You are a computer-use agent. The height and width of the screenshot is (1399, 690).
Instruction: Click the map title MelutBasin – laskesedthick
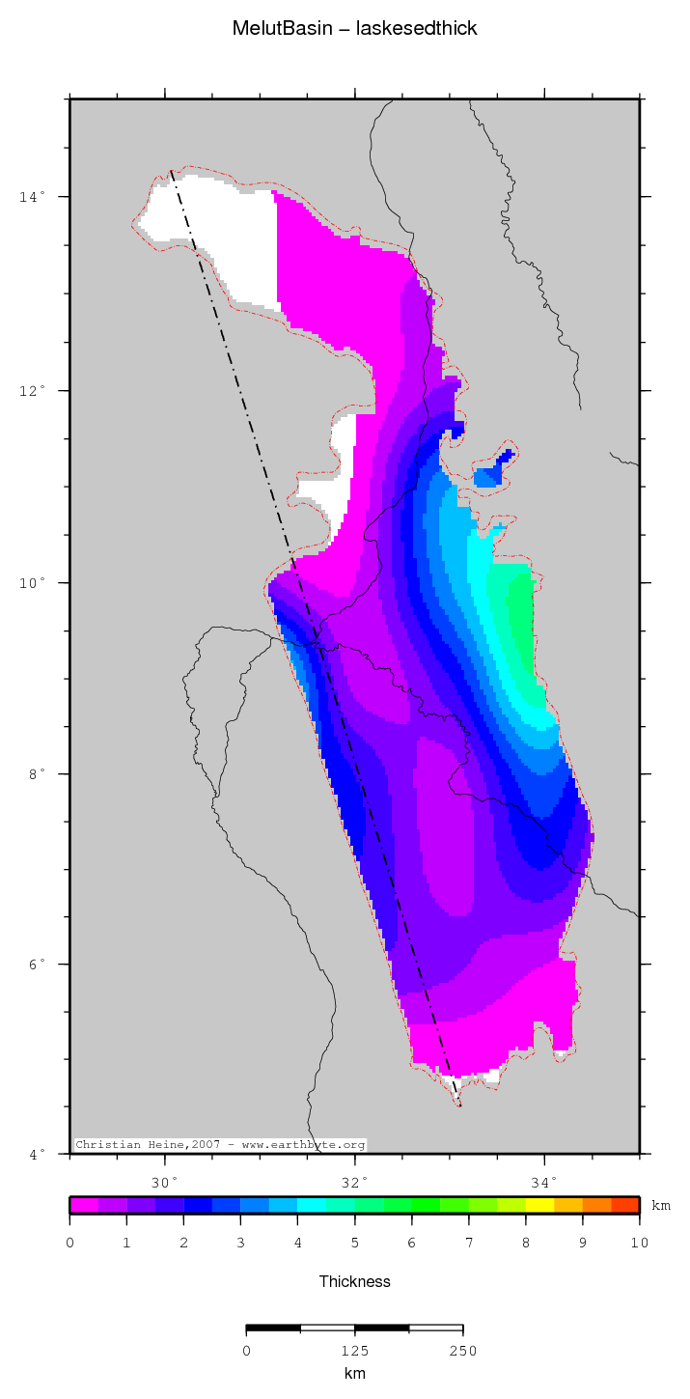point(354,29)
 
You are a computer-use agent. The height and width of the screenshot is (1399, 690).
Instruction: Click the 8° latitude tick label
point(35,774)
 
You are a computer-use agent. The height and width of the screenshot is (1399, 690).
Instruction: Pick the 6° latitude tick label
point(35,965)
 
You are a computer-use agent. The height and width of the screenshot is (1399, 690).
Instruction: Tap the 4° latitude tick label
point(35,1155)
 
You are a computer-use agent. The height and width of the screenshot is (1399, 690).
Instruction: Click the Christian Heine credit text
point(221,1145)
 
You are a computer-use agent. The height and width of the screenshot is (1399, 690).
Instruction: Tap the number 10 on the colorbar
point(640,1243)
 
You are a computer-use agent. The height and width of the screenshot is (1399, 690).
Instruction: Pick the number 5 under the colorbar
point(354,1243)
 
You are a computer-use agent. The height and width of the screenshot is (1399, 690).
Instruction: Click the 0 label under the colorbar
point(69,1243)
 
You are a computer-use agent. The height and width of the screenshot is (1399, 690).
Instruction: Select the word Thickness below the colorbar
point(354,1282)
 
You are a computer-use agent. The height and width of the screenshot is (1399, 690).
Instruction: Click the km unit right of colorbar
point(661,1206)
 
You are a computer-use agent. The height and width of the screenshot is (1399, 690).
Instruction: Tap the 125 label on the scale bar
point(354,1351)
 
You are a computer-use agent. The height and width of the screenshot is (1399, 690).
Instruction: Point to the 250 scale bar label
point(462,1351)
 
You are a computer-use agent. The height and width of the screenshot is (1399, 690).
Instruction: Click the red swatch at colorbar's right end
point(625,1205)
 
